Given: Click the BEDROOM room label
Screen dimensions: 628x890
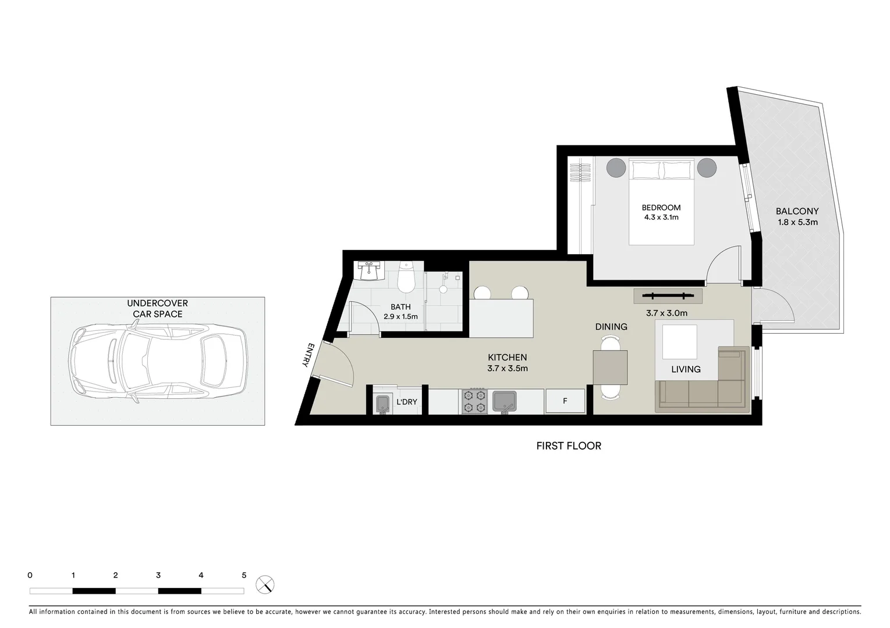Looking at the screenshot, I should pos(661,208).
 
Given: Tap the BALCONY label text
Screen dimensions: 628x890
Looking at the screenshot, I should pos(797,212).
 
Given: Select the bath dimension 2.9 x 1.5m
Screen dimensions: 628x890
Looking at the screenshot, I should pos(400,317).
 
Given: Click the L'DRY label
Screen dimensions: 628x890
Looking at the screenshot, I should pos(406,402).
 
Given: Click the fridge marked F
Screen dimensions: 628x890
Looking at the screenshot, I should pos(565,401).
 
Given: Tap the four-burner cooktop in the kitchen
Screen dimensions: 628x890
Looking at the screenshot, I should pos(474,401).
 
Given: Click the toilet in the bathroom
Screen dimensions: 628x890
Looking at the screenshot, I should pos(405,279).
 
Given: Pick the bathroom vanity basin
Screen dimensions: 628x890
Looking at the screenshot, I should pos(368,271).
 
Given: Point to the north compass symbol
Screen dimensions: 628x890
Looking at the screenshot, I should pos(265,584).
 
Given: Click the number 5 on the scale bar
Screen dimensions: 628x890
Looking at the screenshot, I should pos(244,576).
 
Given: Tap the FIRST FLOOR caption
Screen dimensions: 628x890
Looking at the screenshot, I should pos(568,446).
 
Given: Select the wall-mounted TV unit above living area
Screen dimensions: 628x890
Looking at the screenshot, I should pos(668,296).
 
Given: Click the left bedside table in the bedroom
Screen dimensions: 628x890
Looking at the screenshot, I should pos(616,168).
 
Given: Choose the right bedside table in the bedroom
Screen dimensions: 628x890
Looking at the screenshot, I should pos(707,168).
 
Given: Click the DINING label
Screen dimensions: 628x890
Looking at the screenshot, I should pos(611,327).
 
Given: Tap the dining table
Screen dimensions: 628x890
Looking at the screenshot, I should pos(610,368).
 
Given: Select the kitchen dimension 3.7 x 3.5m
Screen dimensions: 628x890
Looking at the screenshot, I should pos(507,368).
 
